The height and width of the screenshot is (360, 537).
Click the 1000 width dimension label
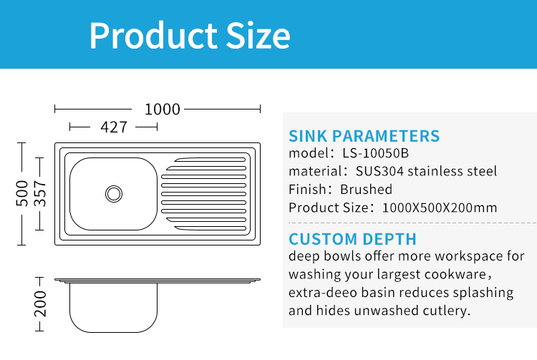(163, 110)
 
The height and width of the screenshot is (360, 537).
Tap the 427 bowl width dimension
(114, 127)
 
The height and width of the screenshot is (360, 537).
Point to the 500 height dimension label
(22, 193)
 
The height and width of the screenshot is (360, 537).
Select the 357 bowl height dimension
(40, 194)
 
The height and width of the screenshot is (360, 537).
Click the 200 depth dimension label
(40, 304)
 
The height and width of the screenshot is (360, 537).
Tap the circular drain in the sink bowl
(114, 194)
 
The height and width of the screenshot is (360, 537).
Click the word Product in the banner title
(153, 36)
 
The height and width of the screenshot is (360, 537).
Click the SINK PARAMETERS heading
(364, 136)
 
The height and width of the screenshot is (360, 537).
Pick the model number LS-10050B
(376, 153)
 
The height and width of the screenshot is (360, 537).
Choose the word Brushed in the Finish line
(366, 189)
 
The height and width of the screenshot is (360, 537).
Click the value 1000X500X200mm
(440, 208)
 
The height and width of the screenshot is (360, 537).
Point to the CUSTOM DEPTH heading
(352, 239)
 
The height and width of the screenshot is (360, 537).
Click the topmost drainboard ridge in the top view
(210, 160)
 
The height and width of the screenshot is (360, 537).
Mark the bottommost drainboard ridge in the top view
(210, 228)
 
